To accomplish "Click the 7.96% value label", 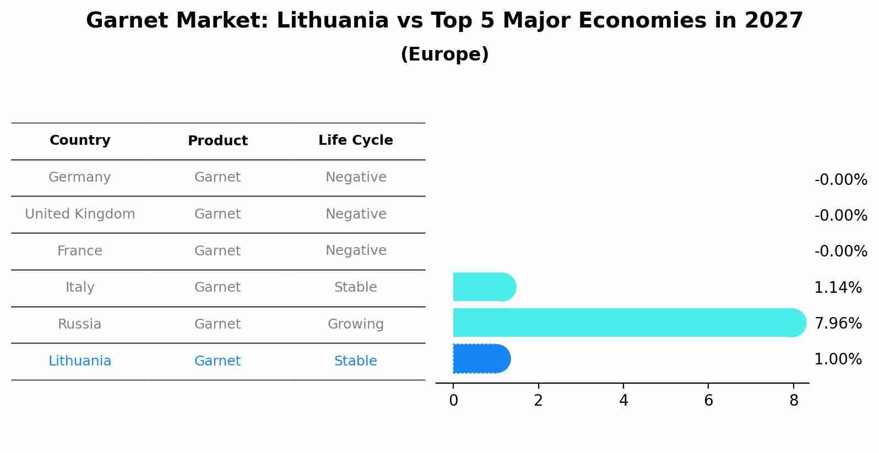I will pyautogui.click(x=838, y=323).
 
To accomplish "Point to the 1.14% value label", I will pyautogui.click(x=838, y=287).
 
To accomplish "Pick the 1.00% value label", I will pyautogui.click(x=838, y=359).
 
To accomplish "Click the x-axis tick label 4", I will pyautogui.click(x=623, y=401).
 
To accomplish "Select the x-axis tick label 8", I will pyautogui.click(x=794, y=401).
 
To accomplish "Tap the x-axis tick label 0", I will pyautogui.click(x=453, y=401).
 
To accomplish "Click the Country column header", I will pyautogui.click(x=80, y=140).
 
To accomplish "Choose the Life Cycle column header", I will pyautogui.click(x=355, y=140).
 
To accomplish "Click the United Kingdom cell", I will pyautogui.click(x=80, y=214).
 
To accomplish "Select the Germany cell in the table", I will pyautogui.click(x=80, y=177).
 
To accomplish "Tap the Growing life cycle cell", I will pyautogui.click(x=355, y=324).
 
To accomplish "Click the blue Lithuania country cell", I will pyautogui.click(x=80, y=361).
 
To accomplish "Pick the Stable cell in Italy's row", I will pyautogui.click(x=355, y=287).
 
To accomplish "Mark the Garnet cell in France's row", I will pyautogui.click(x=218, y=251).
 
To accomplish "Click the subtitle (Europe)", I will pyautogui.click(x=444, y=54).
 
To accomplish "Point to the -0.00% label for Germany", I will pyautogui.click(x=840, y=180).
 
